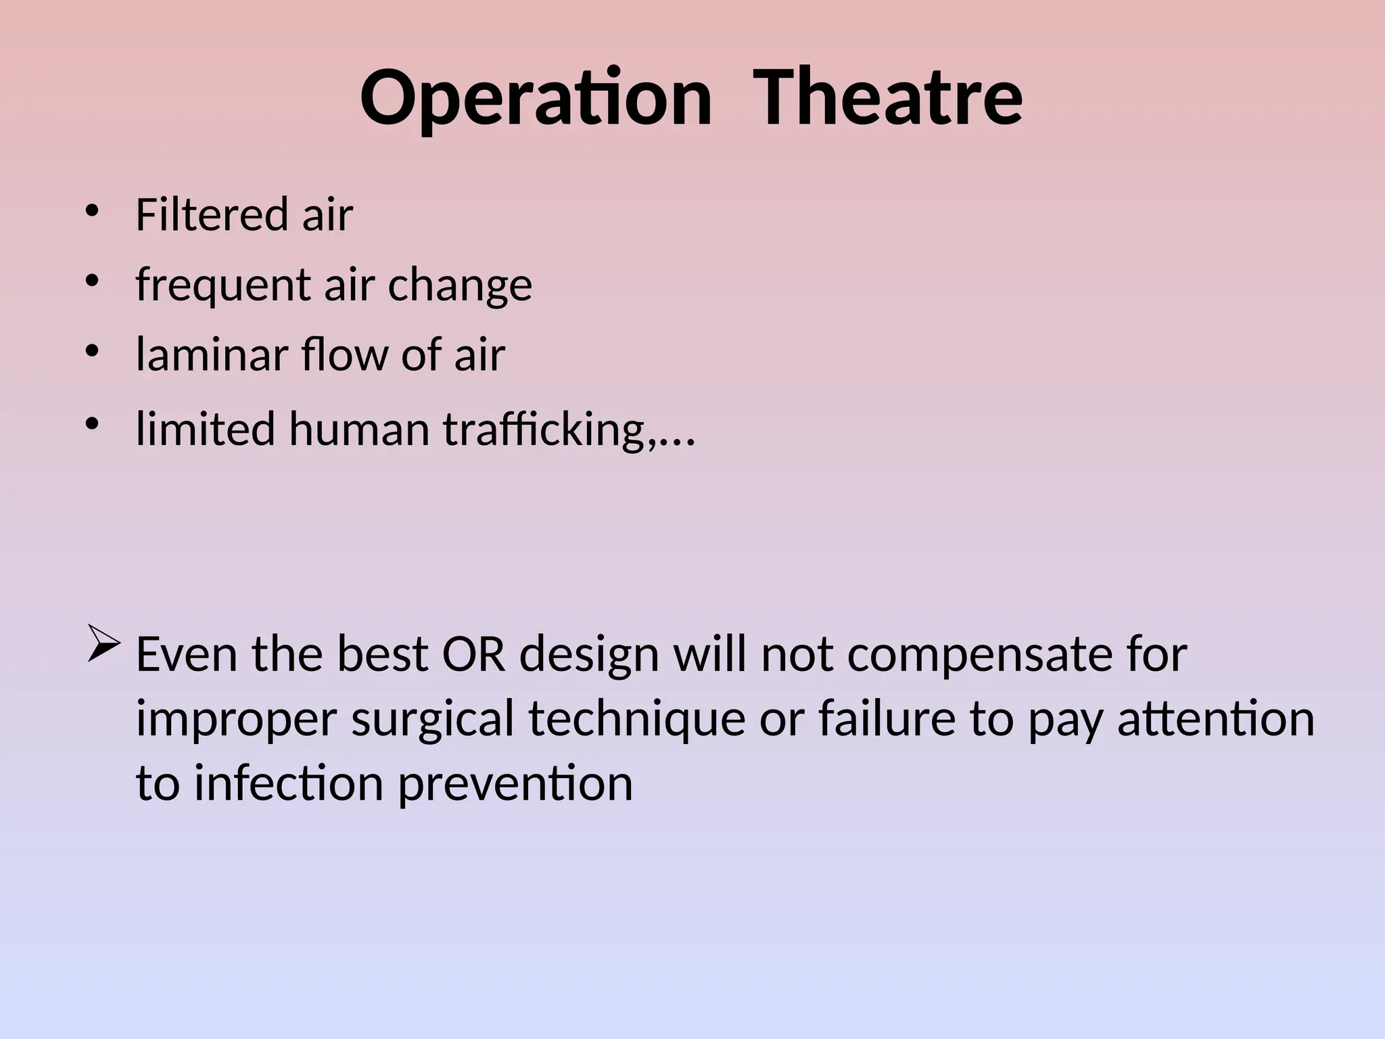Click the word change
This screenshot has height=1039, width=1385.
pos(460,285)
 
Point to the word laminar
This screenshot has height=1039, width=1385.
pos(212,354)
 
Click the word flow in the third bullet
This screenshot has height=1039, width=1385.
pos(344,354)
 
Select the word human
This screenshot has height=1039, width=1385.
pos(359,429)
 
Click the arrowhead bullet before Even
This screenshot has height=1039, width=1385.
pos(104,647)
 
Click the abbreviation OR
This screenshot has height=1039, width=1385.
pos(473,654)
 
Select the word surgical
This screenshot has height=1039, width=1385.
pos(433,718)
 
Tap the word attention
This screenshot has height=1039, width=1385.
pos(1215,718)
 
